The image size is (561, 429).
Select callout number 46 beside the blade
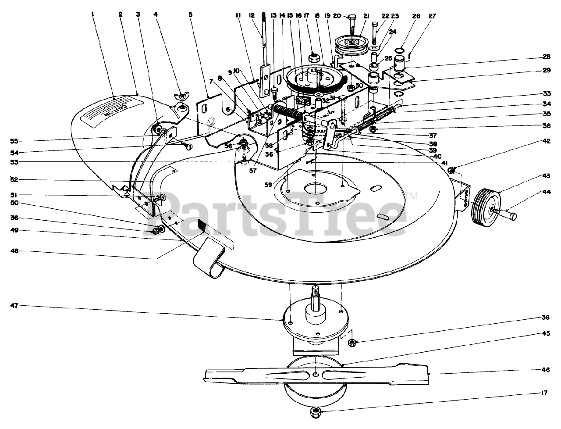pyautogui.click(x=545, y=369)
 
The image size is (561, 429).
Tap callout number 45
pyautogui.click(x=545, y=333)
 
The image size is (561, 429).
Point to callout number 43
pyautogui.click(x=545, y=175)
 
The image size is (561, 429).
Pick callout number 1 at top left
pyautogui.click(x=93, y=14)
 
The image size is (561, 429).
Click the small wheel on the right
pyautogui.click(x=485, y=207)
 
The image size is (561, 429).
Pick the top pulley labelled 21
pyautogui.click(x=352, y=44)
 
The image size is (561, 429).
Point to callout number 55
pyautogui.click(x=14, y=141)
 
